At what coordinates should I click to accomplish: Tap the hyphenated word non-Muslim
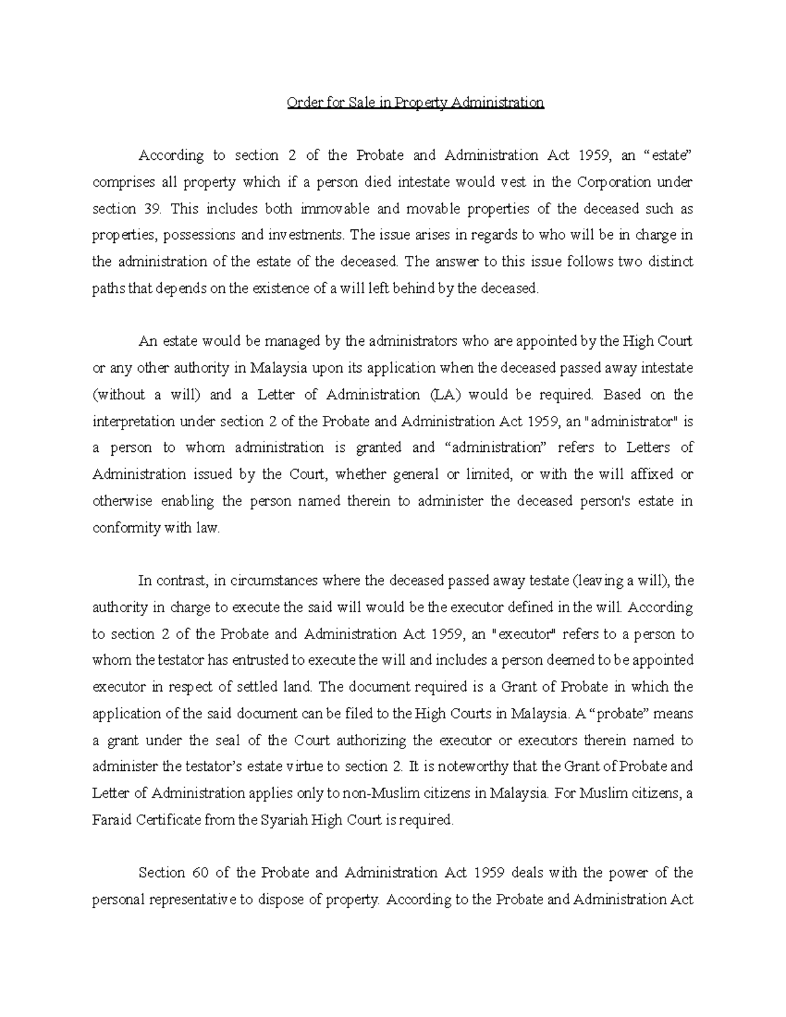click(370, 794)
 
